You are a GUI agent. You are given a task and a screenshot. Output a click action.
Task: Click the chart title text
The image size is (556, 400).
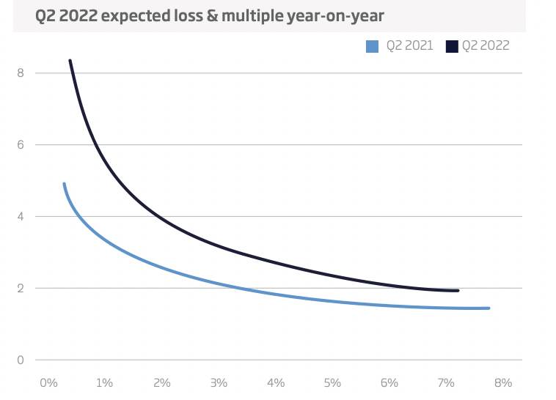(209, 15)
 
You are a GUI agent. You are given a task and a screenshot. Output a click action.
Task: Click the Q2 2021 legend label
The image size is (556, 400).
(409, 46)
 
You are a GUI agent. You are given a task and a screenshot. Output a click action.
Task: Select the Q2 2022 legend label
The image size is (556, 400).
(485, 46)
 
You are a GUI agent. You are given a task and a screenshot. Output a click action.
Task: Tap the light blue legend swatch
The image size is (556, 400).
(372, 47)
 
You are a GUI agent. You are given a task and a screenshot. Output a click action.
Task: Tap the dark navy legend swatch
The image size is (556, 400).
(450, 47)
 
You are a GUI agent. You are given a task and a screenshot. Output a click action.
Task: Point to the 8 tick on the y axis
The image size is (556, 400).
(21, 73)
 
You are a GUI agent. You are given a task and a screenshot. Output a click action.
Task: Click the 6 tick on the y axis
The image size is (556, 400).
(21, 145)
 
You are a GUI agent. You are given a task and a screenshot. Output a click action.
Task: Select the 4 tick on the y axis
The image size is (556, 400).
(21, 217)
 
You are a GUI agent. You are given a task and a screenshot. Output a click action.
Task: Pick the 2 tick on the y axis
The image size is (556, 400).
(21, 289)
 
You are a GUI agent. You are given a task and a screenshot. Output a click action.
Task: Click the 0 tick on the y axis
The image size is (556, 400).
(21, 360)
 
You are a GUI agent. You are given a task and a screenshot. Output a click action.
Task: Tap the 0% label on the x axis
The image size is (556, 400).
(48, 383)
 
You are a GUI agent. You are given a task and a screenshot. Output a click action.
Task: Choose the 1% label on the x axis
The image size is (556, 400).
(104, 383)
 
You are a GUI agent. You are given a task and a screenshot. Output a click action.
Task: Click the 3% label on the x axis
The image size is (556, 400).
(218, 383)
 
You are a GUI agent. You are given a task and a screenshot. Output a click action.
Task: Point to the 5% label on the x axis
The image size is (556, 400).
(332, 383)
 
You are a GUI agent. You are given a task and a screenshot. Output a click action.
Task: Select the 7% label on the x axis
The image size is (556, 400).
(446, 383)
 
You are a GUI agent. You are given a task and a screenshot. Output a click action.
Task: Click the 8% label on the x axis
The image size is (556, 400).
(502, 383)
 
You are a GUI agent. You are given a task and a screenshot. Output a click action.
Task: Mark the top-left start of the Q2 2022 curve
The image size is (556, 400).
(70, 61)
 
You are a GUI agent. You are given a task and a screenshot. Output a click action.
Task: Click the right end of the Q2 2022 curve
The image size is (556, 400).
(458, 291)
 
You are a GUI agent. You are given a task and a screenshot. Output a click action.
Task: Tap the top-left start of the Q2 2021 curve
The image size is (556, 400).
(64, 184)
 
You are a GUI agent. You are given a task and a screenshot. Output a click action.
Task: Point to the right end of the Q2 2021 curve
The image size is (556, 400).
(489, 308)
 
